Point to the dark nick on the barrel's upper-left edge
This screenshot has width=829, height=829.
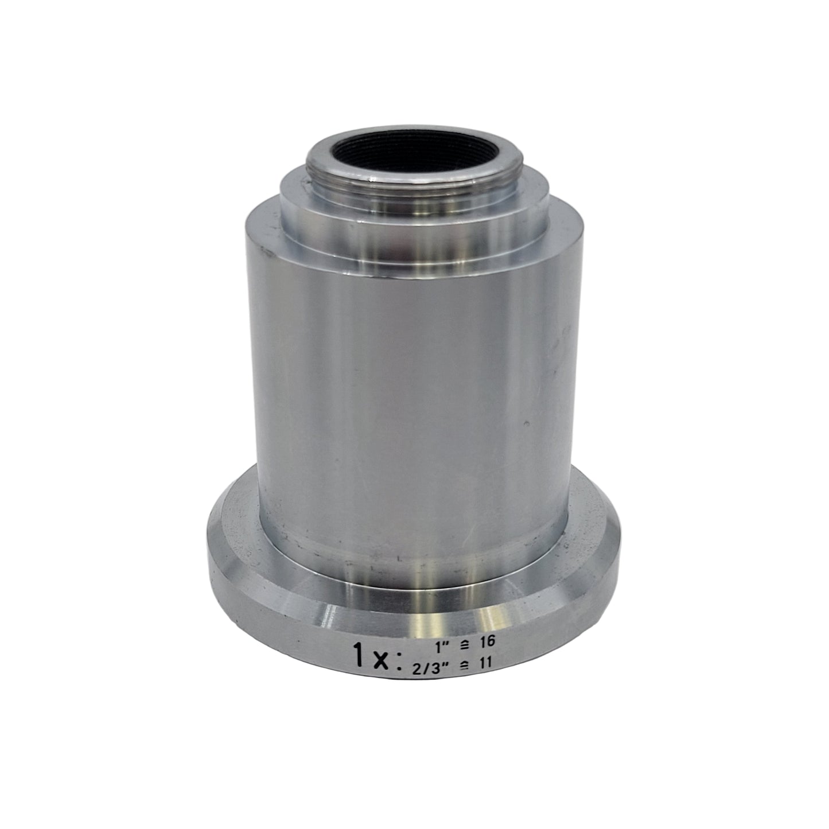click(264, 251)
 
